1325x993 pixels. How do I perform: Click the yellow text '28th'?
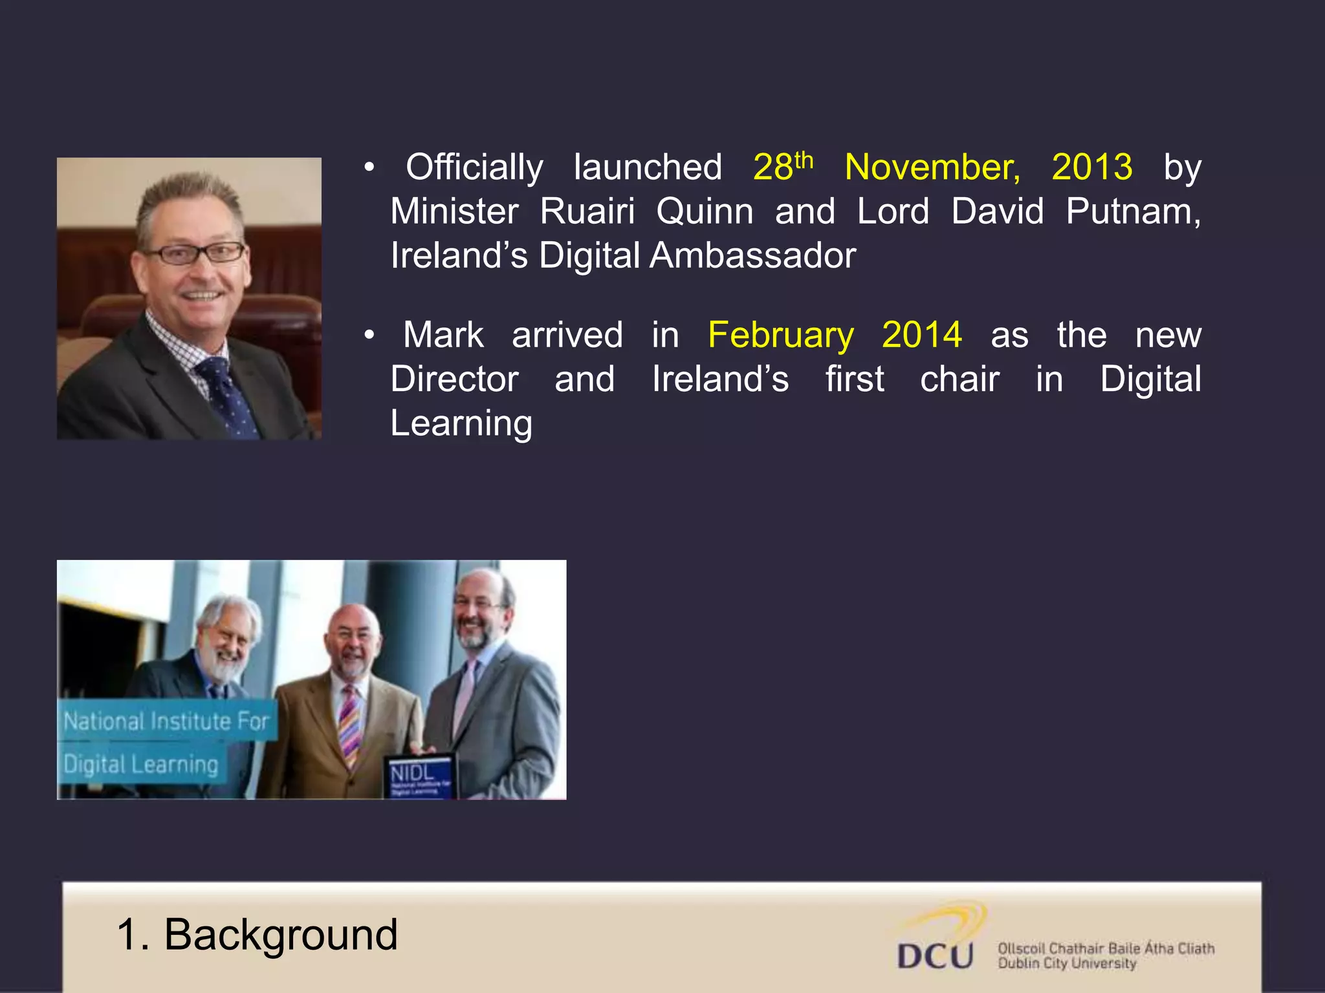783,167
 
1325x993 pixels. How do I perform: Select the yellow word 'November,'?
932,168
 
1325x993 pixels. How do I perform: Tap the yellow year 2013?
1092,167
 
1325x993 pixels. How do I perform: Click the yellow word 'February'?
781,336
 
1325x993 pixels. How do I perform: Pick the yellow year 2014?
922,335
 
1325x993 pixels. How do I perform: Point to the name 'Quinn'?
705,212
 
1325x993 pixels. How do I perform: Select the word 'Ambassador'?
753,255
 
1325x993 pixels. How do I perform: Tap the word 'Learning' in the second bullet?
461,425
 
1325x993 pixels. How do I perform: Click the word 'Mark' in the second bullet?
443,335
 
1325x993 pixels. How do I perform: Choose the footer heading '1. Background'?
257,935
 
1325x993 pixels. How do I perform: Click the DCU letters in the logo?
935,956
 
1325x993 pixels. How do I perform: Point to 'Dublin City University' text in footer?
1066,963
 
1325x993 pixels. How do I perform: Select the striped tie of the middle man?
350,724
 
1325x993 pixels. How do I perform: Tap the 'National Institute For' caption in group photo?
166,721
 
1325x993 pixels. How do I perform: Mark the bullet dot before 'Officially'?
369,168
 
